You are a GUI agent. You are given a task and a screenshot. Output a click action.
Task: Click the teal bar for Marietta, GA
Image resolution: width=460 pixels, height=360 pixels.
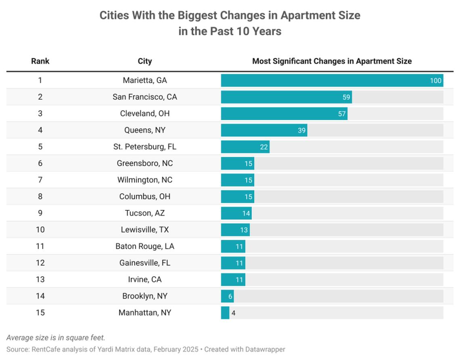click(332, 80)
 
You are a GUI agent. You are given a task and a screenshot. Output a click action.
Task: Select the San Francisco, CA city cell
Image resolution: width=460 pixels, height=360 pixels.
click(144, 97)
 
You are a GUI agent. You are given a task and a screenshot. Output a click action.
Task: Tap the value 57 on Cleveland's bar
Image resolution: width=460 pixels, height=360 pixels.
click(342, 114)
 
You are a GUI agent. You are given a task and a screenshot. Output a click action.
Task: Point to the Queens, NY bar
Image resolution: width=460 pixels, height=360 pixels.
click(264, 130)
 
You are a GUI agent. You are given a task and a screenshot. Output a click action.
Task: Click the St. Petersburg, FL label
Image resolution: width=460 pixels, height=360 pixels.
click(144, 147)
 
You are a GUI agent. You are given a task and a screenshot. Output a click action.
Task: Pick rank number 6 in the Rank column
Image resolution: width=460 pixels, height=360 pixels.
click(40, 163)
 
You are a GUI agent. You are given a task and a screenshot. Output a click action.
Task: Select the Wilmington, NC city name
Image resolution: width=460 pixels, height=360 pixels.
click(144, 180)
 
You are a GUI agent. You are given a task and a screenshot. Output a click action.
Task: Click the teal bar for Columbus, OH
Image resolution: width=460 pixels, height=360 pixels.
click(237, 196)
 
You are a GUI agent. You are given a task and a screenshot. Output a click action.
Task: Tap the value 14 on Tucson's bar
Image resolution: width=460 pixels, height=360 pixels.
click(246, 213)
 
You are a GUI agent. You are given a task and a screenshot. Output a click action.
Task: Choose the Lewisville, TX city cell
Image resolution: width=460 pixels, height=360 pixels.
click(144, 230)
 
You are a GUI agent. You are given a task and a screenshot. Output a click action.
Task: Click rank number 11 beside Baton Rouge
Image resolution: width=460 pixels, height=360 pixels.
click(40, 246)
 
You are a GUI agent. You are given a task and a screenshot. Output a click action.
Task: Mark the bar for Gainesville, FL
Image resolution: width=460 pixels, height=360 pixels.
click(233, 263)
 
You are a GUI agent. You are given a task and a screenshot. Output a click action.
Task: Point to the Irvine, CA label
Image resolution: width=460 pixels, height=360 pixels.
click(144, 279)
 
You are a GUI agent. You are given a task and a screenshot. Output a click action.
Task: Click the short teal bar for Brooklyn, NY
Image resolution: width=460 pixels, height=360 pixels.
click(227, 296)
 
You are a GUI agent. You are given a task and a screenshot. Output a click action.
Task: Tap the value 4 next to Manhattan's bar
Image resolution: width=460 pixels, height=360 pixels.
click(233, 313)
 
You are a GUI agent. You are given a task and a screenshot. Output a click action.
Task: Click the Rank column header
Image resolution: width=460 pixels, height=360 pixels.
click(40, 61)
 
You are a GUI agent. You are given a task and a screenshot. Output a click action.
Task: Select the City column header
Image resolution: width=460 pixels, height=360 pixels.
click(144, 61)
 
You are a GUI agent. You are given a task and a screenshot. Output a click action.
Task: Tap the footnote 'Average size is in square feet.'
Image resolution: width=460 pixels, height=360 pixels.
click(56, 338)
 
